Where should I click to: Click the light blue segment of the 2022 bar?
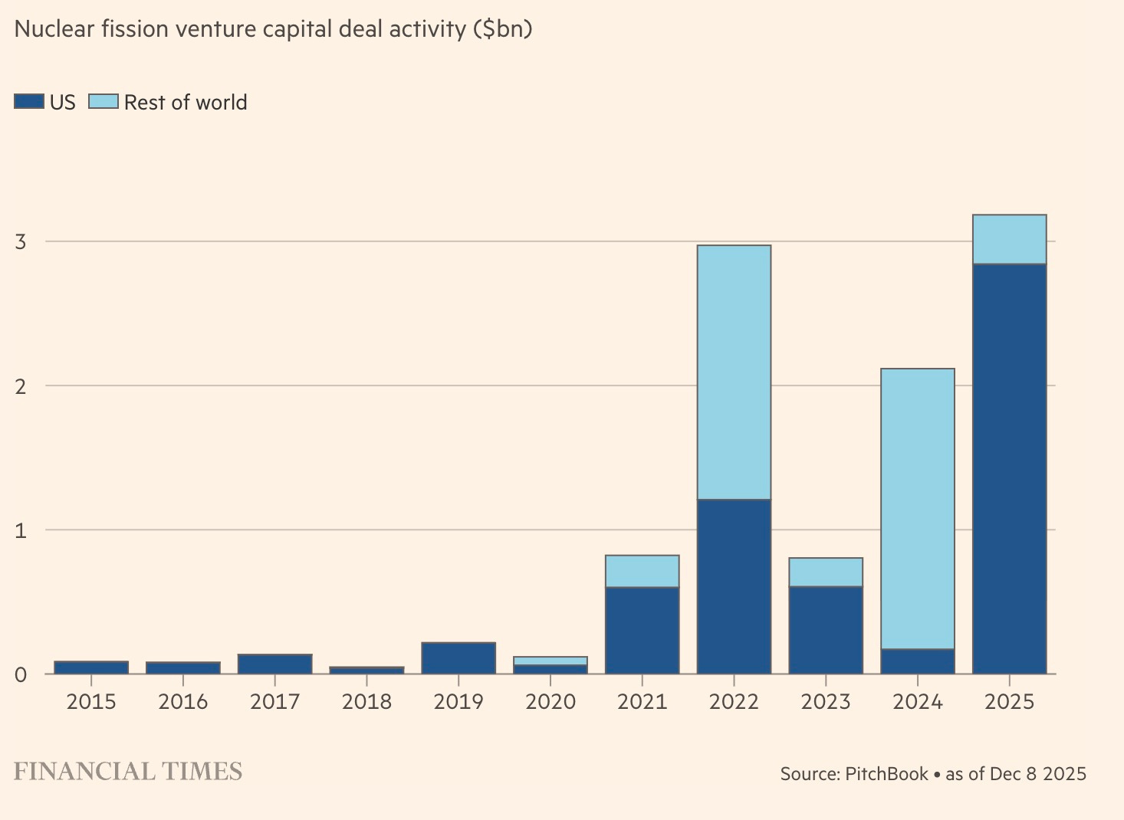pos(734,372)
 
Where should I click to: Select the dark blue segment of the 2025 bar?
pos(1009,469)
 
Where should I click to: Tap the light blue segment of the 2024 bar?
pos(917,509)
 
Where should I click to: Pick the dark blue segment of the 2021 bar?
pos(642,630)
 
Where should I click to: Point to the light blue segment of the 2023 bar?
pos(826,572)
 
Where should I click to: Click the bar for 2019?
pos(458,658)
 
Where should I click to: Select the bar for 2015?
pos(91,667)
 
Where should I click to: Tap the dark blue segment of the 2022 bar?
pos(734,586)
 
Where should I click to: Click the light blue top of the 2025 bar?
pos(1009,239)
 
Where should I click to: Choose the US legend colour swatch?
pos(29,102)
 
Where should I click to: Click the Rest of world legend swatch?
pos(104,102)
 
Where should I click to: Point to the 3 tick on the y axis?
pos(20,242)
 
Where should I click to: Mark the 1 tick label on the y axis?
pos(20,530)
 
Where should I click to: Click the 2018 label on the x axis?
pos(366,701)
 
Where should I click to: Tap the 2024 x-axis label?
pos(917,701)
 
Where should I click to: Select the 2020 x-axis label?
pos(550,701)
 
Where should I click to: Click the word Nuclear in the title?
pos(52,29)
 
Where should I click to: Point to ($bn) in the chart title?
pos(502,29)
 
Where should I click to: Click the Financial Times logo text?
pos(128,771)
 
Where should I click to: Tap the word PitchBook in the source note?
pos(886,774)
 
